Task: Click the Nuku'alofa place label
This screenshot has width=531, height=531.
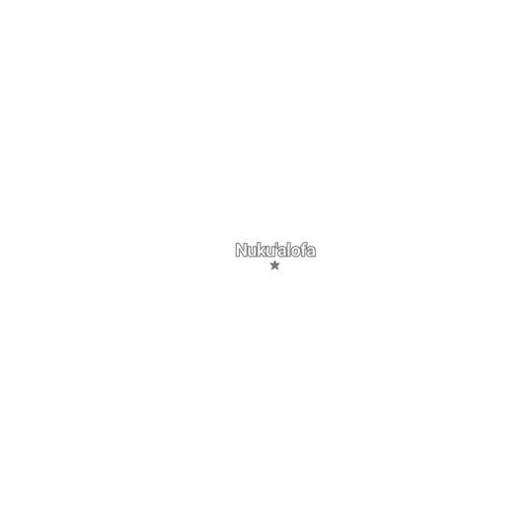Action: pyautogui.click(x=275, y=250)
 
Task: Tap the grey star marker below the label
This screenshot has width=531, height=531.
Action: pyautogui.click(x=275, y=265)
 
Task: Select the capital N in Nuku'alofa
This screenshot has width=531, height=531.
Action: pyautogui.click(x=242, y=250)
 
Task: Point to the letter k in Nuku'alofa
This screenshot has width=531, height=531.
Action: pyautogui.click(x=263, y=250)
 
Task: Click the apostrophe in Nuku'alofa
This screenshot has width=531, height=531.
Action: pyautogui.click(x=276, y=246)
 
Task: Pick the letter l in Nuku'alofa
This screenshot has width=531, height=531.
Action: pyautogui.click(x=289, y=250)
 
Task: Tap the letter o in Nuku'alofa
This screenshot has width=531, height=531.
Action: pyautogui.click(x=296, y=252)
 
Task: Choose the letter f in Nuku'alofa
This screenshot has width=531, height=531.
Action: pyautogui.click(x=303, y=250)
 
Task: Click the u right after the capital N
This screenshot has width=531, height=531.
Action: pyautogui.click(x=253, y=252)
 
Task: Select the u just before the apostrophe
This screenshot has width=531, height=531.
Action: pyautogui.click(x=271, y=252)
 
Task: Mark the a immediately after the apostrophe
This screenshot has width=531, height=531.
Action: pyautogui.click(x=282, y=252)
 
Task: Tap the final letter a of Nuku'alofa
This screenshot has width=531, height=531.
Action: pyautogui.click(x=311, y=252)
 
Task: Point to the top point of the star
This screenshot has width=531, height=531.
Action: pyautogui.click(x=275, y=261)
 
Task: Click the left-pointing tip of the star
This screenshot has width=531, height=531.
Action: pyautogui.click(x=269, y=264)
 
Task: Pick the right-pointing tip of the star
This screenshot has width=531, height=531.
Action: pyautogui.click(x=280, y=264)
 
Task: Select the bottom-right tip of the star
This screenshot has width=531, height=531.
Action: pyautogui.click(x=278, y=269)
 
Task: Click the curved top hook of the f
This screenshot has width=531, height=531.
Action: pyautogui.click(x=305, y=243)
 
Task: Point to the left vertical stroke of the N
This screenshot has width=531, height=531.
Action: pyautogui.click(x=238, y=250)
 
